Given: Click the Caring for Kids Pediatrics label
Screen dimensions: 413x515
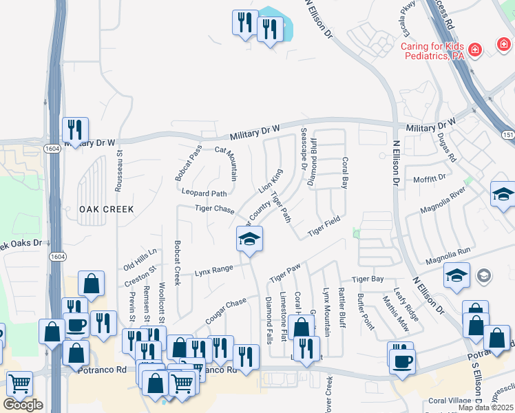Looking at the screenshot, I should [x=432, y=52].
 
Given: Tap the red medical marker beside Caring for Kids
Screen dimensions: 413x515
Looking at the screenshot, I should [x=474, y=50].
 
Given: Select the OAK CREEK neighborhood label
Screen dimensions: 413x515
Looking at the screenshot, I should [x=105, y=209].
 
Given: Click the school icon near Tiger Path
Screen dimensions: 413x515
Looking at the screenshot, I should [x=249, y=239].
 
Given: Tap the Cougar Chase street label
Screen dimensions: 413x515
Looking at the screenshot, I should [x=226, y=312].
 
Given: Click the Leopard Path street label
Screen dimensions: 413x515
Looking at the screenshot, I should [x=204, y=193].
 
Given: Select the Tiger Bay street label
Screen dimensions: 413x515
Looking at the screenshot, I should [x=367, y=279].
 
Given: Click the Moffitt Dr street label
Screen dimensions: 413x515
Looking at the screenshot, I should [x=432, y=178].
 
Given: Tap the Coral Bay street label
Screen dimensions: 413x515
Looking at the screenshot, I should [x=345, y=173].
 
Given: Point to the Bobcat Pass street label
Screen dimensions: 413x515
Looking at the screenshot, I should [x=187, y=162].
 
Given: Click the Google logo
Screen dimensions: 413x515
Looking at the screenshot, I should [x=23, y=405].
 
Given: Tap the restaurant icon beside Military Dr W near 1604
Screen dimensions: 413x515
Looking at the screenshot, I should [x=75, y=129].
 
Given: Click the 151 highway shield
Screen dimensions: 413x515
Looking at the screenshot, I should [x=507, y=134].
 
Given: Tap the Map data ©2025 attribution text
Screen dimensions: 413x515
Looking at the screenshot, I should [x=485, y=407].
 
